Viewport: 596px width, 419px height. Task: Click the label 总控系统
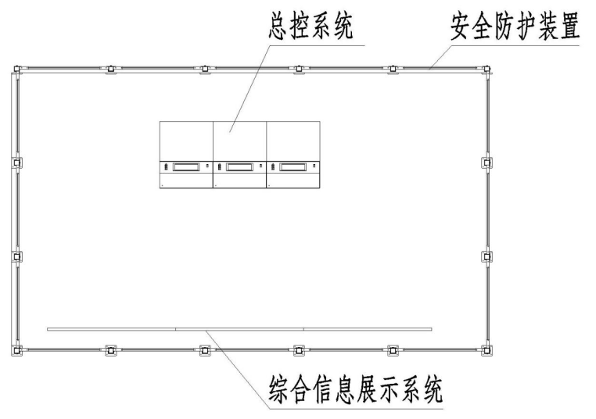311,26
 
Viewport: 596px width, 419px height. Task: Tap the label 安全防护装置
515,26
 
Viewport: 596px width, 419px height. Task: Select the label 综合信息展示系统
356,390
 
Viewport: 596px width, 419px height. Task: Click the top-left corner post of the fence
17,69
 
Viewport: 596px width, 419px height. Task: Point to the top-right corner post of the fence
486,69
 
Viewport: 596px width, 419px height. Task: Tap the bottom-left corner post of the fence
16,351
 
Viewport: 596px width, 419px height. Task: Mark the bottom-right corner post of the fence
486,351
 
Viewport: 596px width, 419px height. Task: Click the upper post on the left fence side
16,163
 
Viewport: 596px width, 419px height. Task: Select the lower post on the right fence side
487,257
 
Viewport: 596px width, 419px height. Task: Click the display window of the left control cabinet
186,167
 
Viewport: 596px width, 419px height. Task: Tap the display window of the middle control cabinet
239,167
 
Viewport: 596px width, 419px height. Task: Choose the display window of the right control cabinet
293,167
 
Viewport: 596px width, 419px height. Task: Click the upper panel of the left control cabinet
186,141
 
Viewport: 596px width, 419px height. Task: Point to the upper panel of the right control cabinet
293,141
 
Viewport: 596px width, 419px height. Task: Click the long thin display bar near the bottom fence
239,329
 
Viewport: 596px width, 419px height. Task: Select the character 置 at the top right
569,26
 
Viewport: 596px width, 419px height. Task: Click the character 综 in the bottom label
279,390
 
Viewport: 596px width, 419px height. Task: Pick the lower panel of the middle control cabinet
239,181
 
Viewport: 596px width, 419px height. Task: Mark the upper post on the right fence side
487,163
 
